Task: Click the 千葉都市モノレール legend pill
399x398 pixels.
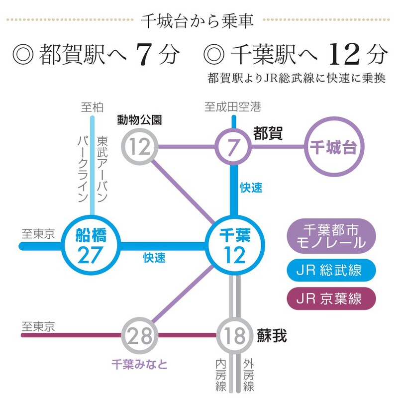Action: point(331,236)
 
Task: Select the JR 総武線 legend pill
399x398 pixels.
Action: point(331,270)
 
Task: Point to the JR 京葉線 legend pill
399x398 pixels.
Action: point(331,298)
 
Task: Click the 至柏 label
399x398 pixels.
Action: point(92,107)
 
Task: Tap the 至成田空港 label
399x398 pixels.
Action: point(232,107)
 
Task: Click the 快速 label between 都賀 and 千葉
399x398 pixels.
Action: point(251,188)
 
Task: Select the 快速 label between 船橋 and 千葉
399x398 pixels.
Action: point(154,258)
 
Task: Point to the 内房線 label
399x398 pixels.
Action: point(220,375)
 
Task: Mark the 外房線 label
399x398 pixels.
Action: point(249,375)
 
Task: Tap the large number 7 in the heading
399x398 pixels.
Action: point(144,54)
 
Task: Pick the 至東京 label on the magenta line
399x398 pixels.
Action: point(38,326)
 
